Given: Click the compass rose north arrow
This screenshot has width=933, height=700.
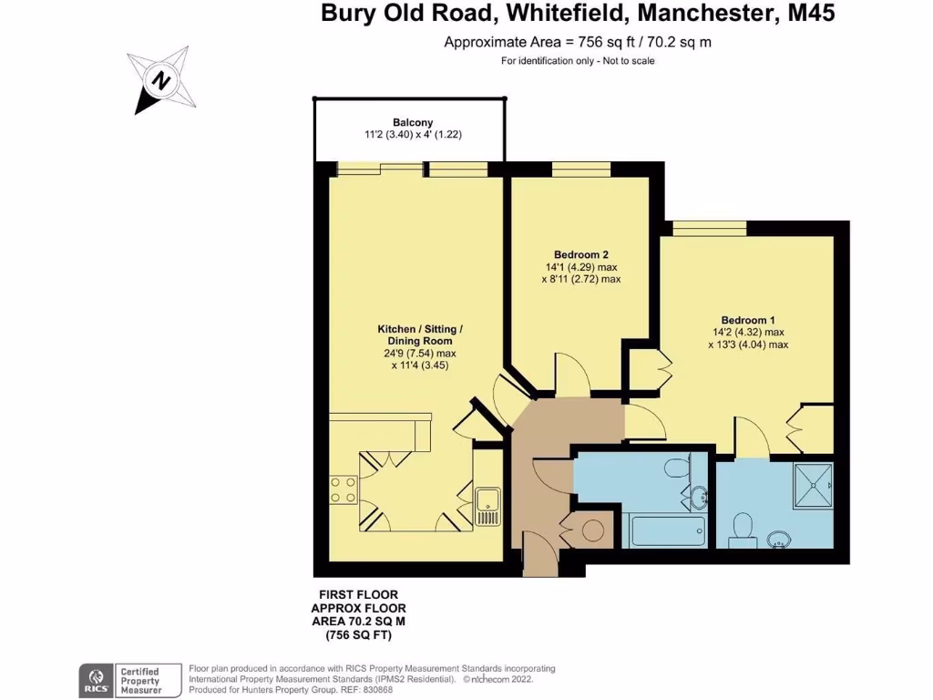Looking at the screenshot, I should pyautogui.click(x=160, y=81).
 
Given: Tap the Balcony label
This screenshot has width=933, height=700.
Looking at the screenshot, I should pyautogui.click(x=412, y=122).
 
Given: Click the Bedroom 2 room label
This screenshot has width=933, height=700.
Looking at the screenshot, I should pyautogui.click(x=580, y=254).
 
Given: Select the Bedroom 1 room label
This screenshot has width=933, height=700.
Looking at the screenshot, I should pyautogui.click(x=747, y=320).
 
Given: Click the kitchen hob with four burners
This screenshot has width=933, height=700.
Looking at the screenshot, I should pyautogui.click(x=343, y=489).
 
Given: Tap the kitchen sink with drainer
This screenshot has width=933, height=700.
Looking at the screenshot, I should pyautogui.click(x=487, y=506).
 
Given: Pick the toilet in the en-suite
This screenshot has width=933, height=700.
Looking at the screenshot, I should pyautogui.click(x=743, y=528).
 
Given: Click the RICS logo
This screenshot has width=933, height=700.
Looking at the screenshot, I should pyautogui.click(x=96, y=679).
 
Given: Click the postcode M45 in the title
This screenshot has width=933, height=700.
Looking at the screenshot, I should pyautogui.click(x=810, y=14).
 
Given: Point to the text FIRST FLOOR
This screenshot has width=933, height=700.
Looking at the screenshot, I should pyautogui.click(x=357, y=595).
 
